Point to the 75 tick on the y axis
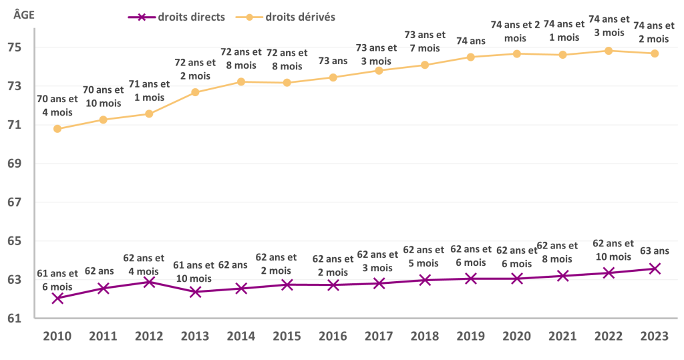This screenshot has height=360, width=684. click(x=15, y=47)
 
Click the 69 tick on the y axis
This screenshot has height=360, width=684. click(x=15, y=164)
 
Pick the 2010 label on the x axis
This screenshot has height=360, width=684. click(x=57, y=337)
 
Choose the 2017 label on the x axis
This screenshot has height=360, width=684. click(x=379, y=337)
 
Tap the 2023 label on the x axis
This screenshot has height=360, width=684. click(x=655, y=337)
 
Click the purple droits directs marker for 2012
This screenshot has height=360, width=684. click(x=149, y=282)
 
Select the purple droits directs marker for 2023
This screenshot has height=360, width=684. click(x=655, y=268)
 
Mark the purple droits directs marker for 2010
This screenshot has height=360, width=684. click(x=57, y=299)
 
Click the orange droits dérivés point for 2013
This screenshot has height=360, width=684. click(x=195, y=92)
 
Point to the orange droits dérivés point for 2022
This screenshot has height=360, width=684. click(x=609, y=51)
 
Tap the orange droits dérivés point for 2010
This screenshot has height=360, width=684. click(x=57, y=129)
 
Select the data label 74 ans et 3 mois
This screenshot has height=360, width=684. click(x=609, y=26)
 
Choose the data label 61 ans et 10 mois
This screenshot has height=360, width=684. click(x=195, y=271)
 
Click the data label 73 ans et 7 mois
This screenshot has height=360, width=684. click(x=425, y=41)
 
